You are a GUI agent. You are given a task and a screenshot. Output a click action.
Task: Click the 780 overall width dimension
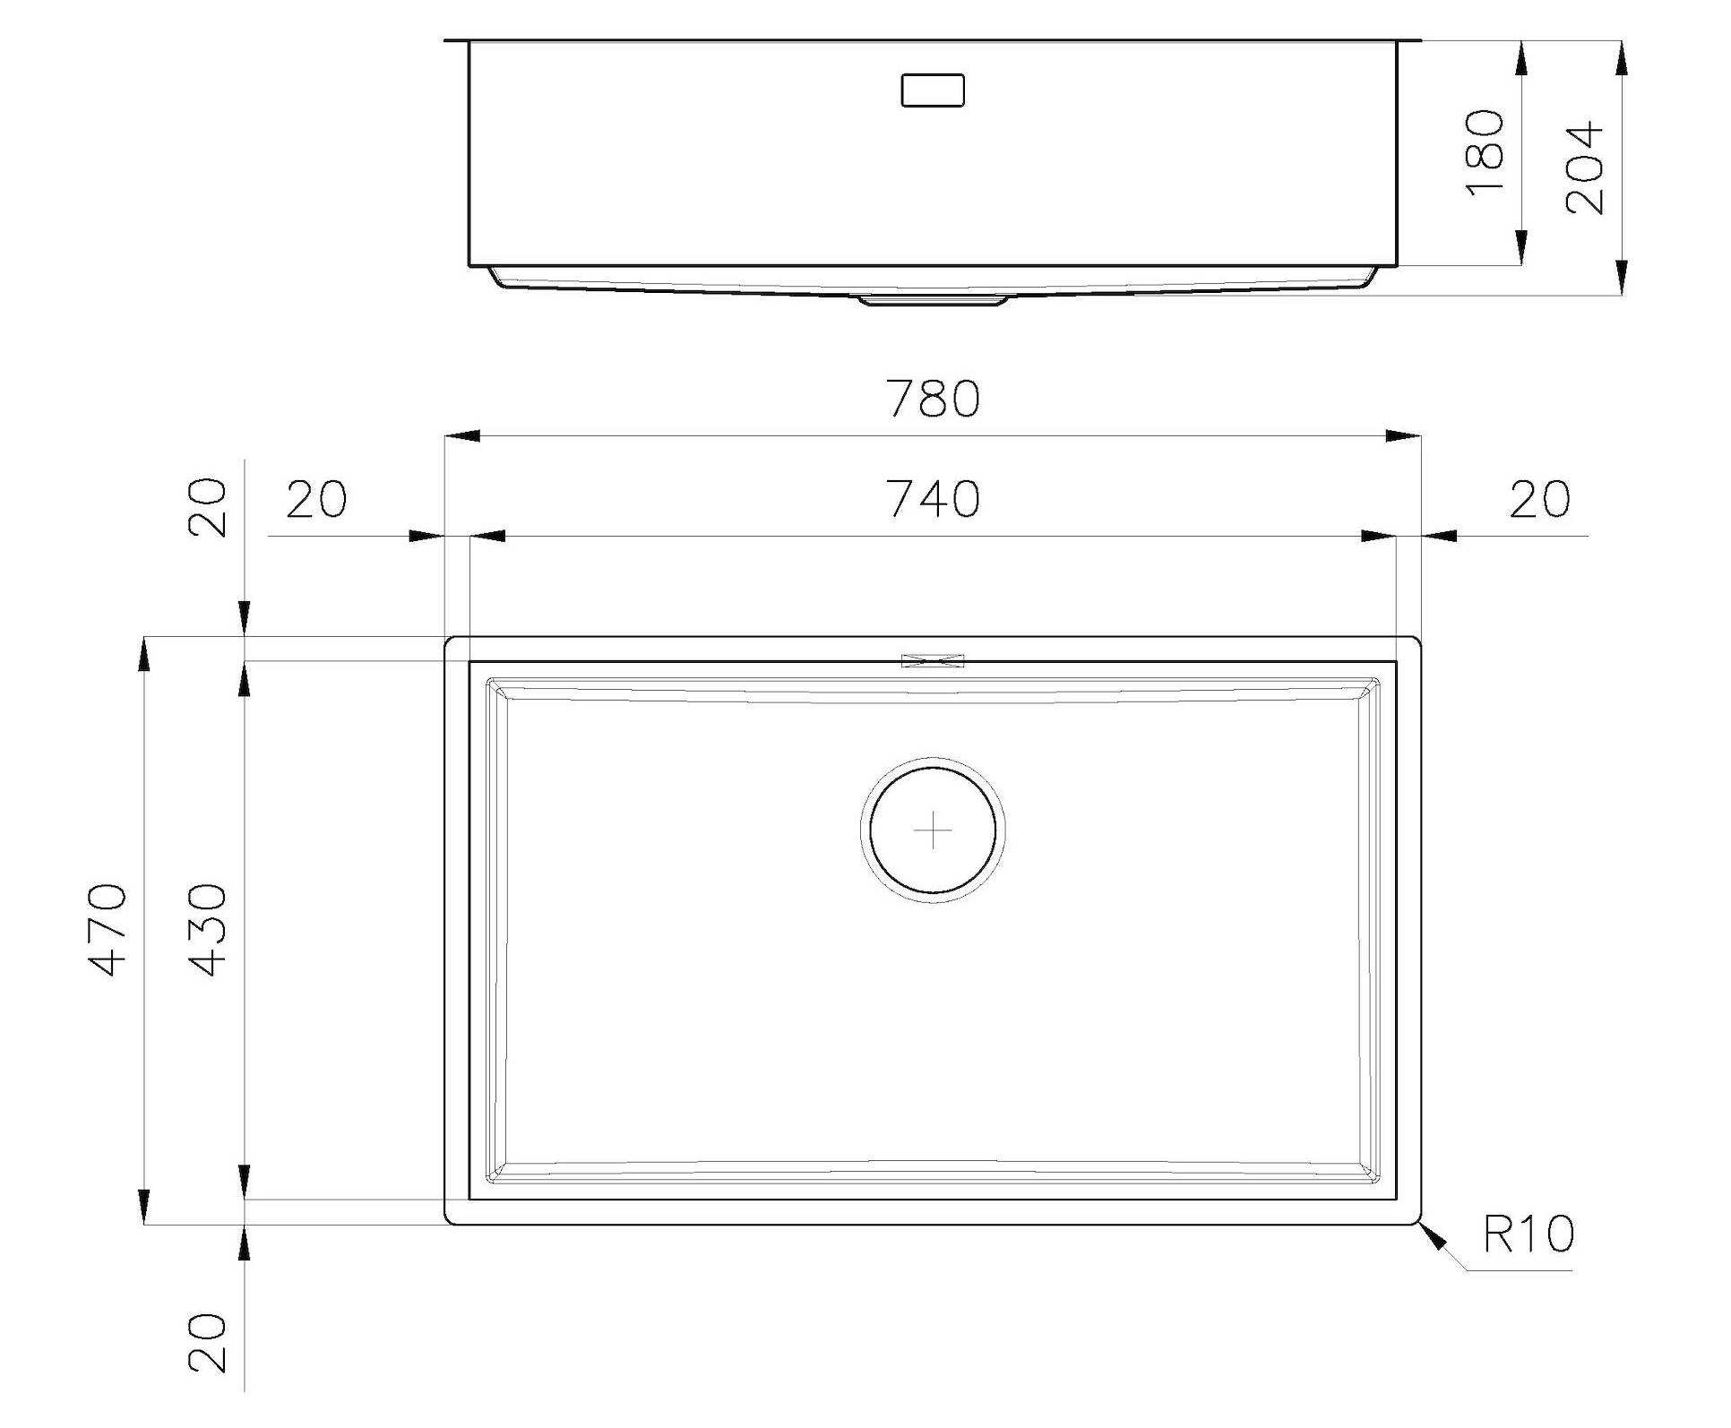tap(933, 400)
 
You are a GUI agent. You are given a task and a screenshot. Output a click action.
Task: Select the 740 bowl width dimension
tap(933, 500)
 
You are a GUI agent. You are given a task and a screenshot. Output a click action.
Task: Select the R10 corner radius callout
tap(1528, 1234)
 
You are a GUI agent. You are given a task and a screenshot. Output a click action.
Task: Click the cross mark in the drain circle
tap(933, 830)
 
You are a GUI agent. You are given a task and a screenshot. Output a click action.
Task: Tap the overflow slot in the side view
tap(933, 90)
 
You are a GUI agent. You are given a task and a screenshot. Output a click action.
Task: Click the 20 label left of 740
tap(316, 500)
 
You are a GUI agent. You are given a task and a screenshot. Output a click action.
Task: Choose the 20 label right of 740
tap(1539, 500)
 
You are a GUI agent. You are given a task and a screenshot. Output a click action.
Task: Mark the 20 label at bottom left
tap(209, 1343)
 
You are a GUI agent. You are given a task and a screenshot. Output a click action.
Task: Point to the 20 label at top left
tap(209, 507)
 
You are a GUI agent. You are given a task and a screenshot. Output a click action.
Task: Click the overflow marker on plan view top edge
tap(933, 661)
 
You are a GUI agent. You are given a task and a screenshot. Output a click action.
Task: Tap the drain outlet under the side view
tap(933, 300)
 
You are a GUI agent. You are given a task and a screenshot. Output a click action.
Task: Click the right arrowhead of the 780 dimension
tap(1402, 436)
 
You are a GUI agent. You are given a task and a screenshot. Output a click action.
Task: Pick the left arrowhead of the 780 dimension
tap(463, 436)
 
